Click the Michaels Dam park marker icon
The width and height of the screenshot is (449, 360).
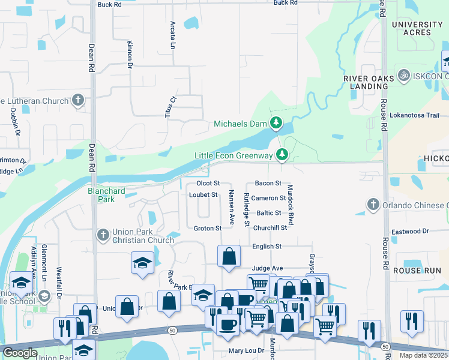pyautogui.click(x=276, y=124)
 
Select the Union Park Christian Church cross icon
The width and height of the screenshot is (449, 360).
pyautogui.click(x=103, y=235)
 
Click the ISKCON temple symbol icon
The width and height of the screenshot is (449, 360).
pyautogui.click(x=403, y=77)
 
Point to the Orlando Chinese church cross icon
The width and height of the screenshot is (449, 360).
pyautogui.click(x=373, y=205)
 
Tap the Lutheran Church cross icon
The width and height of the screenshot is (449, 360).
pyautogui.click(x=78, y=100)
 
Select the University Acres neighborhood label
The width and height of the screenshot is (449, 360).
pyautogui.click(x=417, y=29)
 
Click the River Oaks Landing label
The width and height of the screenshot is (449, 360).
pyautogui.click(x=366, y=82)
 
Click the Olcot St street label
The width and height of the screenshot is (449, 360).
pyautogui.click(x=208, y=183)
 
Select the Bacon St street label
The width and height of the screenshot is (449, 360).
pyautogui.click(x=268, y=183)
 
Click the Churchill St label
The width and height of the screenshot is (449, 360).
pyautogui.click(x=270, y=228)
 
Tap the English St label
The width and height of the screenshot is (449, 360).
pyautogui.click(x=267, y=247)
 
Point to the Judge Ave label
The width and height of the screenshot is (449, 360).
pyautogui.click(x=267, y=268)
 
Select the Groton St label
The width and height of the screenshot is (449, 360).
pyautogui.click(x=208, y=228)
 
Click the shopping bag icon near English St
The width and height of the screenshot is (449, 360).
pyautogui.click(x=229, y=256)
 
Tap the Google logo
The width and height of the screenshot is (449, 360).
pyautogui.click(x=19, y=353)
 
